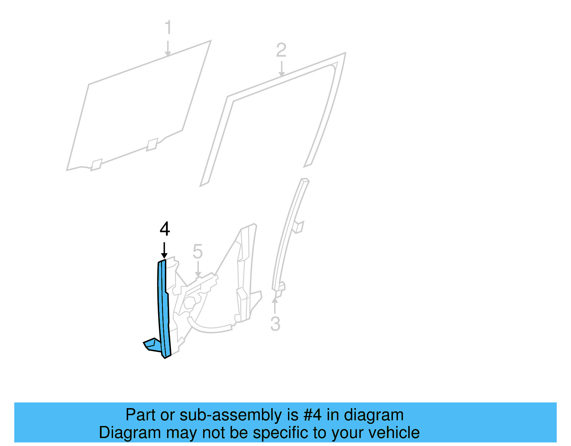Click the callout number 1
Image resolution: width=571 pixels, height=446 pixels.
(x=168, y=28)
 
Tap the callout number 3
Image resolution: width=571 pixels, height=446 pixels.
(x=275, y=324)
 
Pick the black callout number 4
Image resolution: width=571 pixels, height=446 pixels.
(x=165, y=229)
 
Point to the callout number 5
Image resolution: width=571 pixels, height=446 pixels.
(x=198, y=251)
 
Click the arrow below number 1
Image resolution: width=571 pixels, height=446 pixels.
(x=168, y=48)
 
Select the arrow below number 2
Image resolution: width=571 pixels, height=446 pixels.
(x=282, y=69)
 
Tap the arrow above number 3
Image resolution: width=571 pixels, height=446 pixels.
(x=275, y=305)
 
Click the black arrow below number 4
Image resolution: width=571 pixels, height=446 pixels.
(x=164, y=250)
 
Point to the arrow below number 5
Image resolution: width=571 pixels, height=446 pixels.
(x=198, y=269)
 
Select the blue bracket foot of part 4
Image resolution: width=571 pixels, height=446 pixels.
(x=152, y=345)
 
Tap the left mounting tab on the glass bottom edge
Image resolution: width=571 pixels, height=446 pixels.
(x=96, y=165)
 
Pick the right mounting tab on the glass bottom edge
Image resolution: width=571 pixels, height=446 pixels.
(x=152, y=144)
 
